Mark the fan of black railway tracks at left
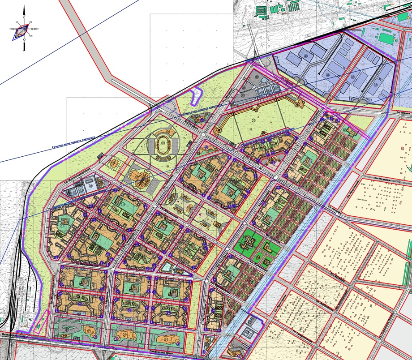coord(13,269)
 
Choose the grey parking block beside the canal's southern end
coord(247,332)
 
